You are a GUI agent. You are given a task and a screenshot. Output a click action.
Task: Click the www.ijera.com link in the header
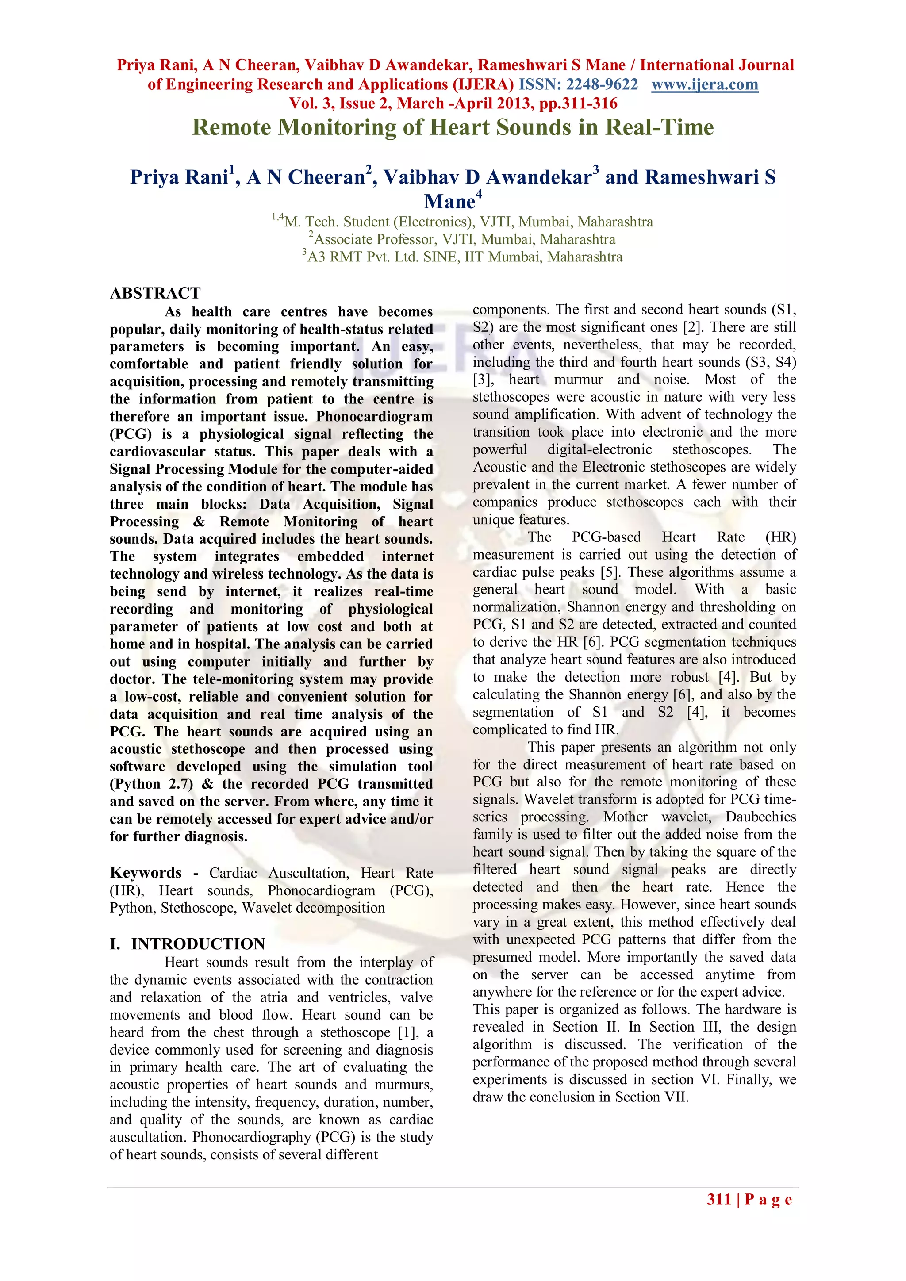(705, 85)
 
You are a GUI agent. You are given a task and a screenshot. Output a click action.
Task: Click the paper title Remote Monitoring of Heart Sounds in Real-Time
(453, 127)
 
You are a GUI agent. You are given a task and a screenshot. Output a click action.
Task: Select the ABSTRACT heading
(155, 293)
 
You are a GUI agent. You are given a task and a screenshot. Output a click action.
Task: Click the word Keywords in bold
(146, 873)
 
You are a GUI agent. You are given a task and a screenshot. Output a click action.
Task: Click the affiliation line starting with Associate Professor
(462, 239)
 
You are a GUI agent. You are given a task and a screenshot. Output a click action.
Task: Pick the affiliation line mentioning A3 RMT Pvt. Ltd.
(462, 257)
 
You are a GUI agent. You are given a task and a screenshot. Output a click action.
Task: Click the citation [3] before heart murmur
(482, 380)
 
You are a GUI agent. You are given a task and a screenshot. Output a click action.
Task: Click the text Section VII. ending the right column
(652, 1097)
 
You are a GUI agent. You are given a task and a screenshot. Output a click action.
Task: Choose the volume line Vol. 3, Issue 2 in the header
(453, 104)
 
